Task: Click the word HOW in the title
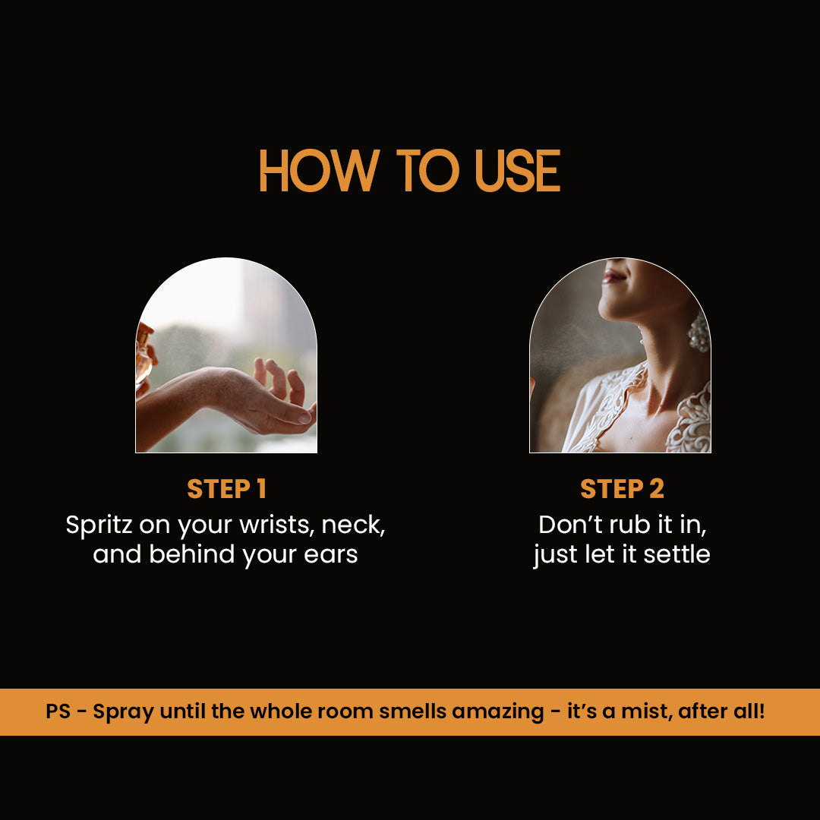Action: [x=319, y=171]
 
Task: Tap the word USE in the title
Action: [x=517, y=171]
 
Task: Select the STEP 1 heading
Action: [x=226, y=489]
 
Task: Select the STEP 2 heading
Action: [x=622, y=489]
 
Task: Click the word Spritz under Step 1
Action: [x=99, y=525]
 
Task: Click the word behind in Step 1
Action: [x=192, y=553]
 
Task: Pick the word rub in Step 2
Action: [x=630, y=525]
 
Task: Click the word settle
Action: [x=676, y=553]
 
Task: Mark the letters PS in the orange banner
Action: [x=58, y=711]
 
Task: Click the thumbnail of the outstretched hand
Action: [x=226, y=355]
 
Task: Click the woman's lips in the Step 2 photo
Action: [x=613, y=275]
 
